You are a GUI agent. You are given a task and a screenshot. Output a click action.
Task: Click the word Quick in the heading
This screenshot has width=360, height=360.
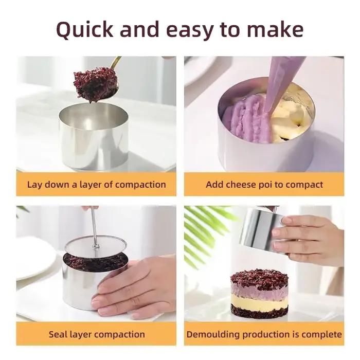[85, 29]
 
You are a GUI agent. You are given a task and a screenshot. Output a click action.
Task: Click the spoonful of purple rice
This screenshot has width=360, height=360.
[96, 83]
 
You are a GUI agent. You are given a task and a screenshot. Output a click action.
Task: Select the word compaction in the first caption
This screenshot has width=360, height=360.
[140, 185]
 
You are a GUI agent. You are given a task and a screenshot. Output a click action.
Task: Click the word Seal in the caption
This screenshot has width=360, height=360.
[57, 334]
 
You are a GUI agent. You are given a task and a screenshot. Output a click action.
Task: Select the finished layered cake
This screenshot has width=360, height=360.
[259, 294]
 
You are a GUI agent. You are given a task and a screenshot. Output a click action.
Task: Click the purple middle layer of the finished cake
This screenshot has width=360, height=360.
[259, 289]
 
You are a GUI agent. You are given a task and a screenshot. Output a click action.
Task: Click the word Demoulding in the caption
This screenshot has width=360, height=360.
[213, 334]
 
